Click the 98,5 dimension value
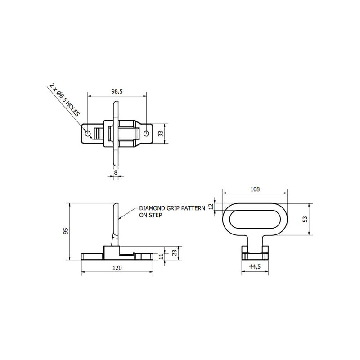pos(117,91)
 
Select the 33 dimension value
pos(161,133)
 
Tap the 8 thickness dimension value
pos(116,172)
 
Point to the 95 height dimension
pos(66,231)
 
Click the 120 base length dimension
pos(117,268)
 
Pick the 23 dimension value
pos(175,253)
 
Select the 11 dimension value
pos(162,256)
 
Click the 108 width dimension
pos(255,189)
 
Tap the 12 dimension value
pos(211,207)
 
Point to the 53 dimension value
pos(305,219)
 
